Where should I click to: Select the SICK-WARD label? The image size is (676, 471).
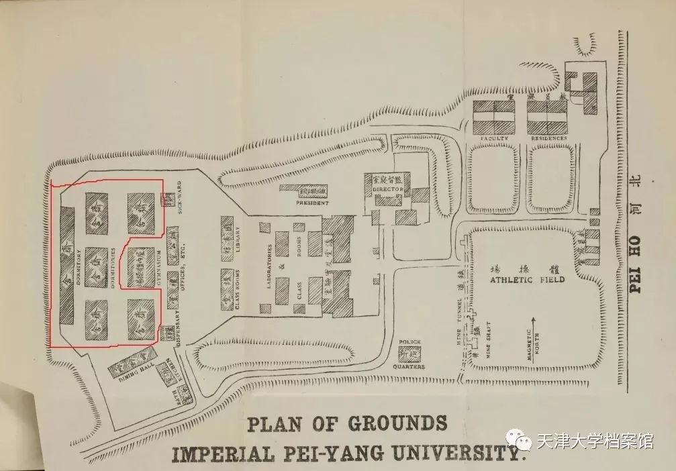coord(181,198)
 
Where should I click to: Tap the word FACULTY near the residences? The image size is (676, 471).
coord(494,138)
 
